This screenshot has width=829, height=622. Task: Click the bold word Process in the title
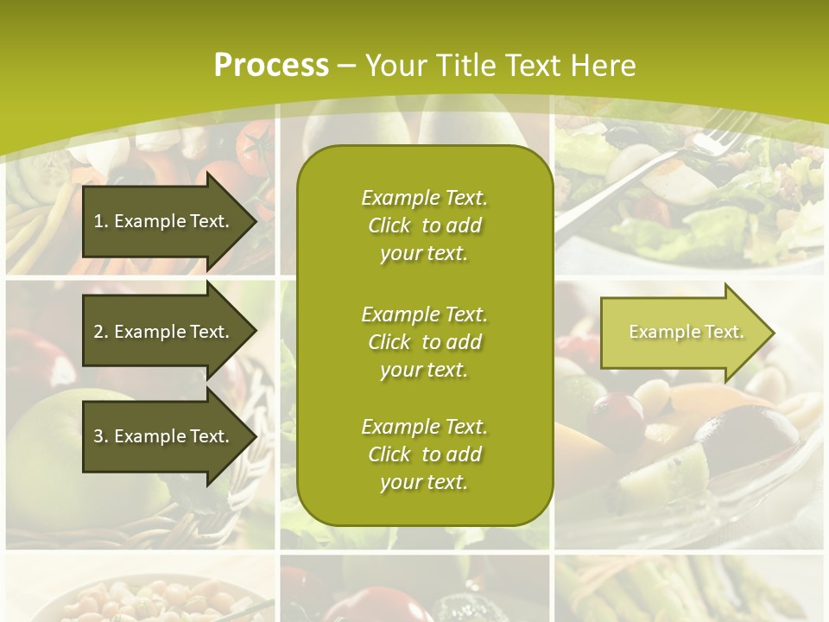pyautogui.click(x=271, y=66)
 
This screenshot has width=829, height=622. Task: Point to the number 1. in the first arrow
pyautogui.click(x=101, y=221)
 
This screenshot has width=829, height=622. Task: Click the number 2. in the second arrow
pyautogui.click(x=101, y=332)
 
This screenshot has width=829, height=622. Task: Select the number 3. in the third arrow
pyautogui.click(x=101, y=436)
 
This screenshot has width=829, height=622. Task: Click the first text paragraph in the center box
pyautogui.click(x=424, y=225)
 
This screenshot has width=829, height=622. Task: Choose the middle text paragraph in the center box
pyautogui.click(x=424, y=342)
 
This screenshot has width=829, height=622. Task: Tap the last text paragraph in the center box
pyautogui.click(x=424, y=454)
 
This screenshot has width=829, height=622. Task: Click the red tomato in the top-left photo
pyautogui.click(x=256, y=147)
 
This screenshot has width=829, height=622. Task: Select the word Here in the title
pyautogui.click(x=604, y=66)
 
